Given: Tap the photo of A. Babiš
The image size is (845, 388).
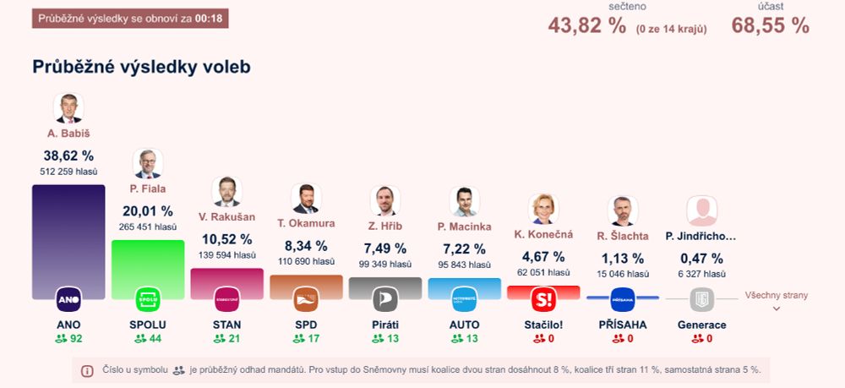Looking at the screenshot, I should (x=68, y=108).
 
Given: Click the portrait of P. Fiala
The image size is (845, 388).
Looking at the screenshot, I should (x=148, y=163).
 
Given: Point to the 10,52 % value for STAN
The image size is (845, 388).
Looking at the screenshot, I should (x=226, y=239).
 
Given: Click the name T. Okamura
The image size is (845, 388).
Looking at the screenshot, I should (x=306, y=224).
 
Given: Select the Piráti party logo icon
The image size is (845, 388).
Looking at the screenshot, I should (x=385, y=299).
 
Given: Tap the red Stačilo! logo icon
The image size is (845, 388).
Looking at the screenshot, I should (x=543, y=299).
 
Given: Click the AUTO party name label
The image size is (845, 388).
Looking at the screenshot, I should (x=464, y=325).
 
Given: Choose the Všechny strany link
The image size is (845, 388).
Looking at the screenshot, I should (x=776, y=296).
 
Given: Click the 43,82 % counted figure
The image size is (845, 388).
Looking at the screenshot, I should (x=587, y=25).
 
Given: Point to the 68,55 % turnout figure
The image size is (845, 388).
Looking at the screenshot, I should (x=771, y=25).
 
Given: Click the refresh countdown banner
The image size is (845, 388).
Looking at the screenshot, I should (x=130, y=19).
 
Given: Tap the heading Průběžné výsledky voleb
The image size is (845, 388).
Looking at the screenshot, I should (x=141, y=67).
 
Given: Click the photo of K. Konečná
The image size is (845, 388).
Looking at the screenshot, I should (x=543, y=209).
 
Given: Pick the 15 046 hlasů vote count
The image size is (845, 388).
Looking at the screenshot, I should (x=623, y=274).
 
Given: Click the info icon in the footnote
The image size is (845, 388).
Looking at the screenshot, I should (x=87, y=370).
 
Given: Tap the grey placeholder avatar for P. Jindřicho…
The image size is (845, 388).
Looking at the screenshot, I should (x=701, y=210).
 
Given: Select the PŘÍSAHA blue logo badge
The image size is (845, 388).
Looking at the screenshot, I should (x=623, y=299).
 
